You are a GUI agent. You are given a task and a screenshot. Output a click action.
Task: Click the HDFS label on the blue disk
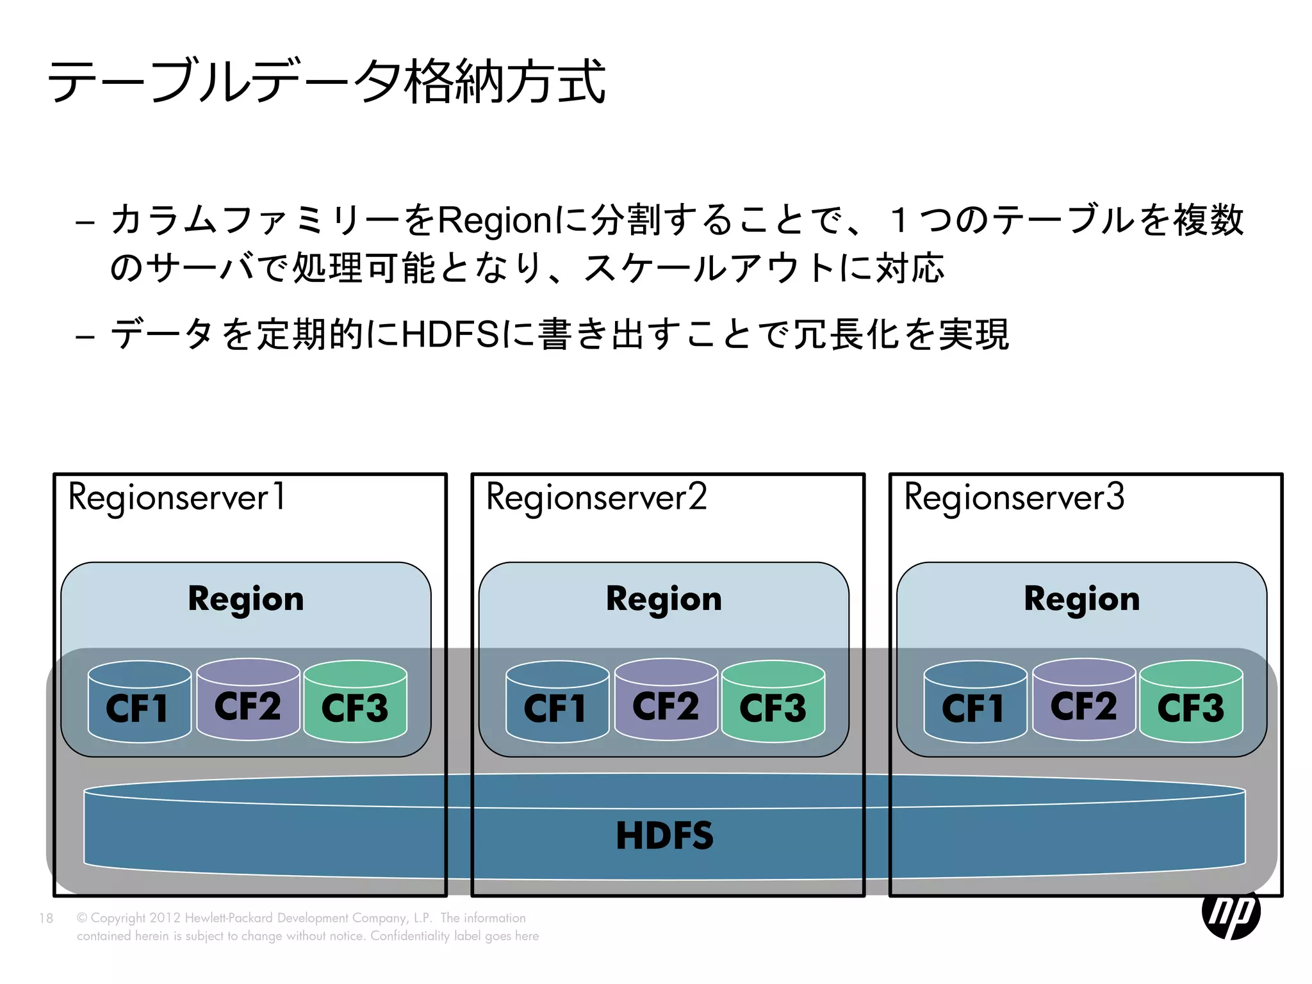664,835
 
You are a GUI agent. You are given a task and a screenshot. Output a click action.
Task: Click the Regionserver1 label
176,498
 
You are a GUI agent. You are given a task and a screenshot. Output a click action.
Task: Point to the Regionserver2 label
596,498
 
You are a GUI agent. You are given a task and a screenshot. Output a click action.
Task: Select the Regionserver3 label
1014,498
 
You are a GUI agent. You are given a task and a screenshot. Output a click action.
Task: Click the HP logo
1231,914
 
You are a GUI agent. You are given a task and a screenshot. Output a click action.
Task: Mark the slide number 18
46,918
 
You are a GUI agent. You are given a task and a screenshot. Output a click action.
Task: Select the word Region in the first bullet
493,220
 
